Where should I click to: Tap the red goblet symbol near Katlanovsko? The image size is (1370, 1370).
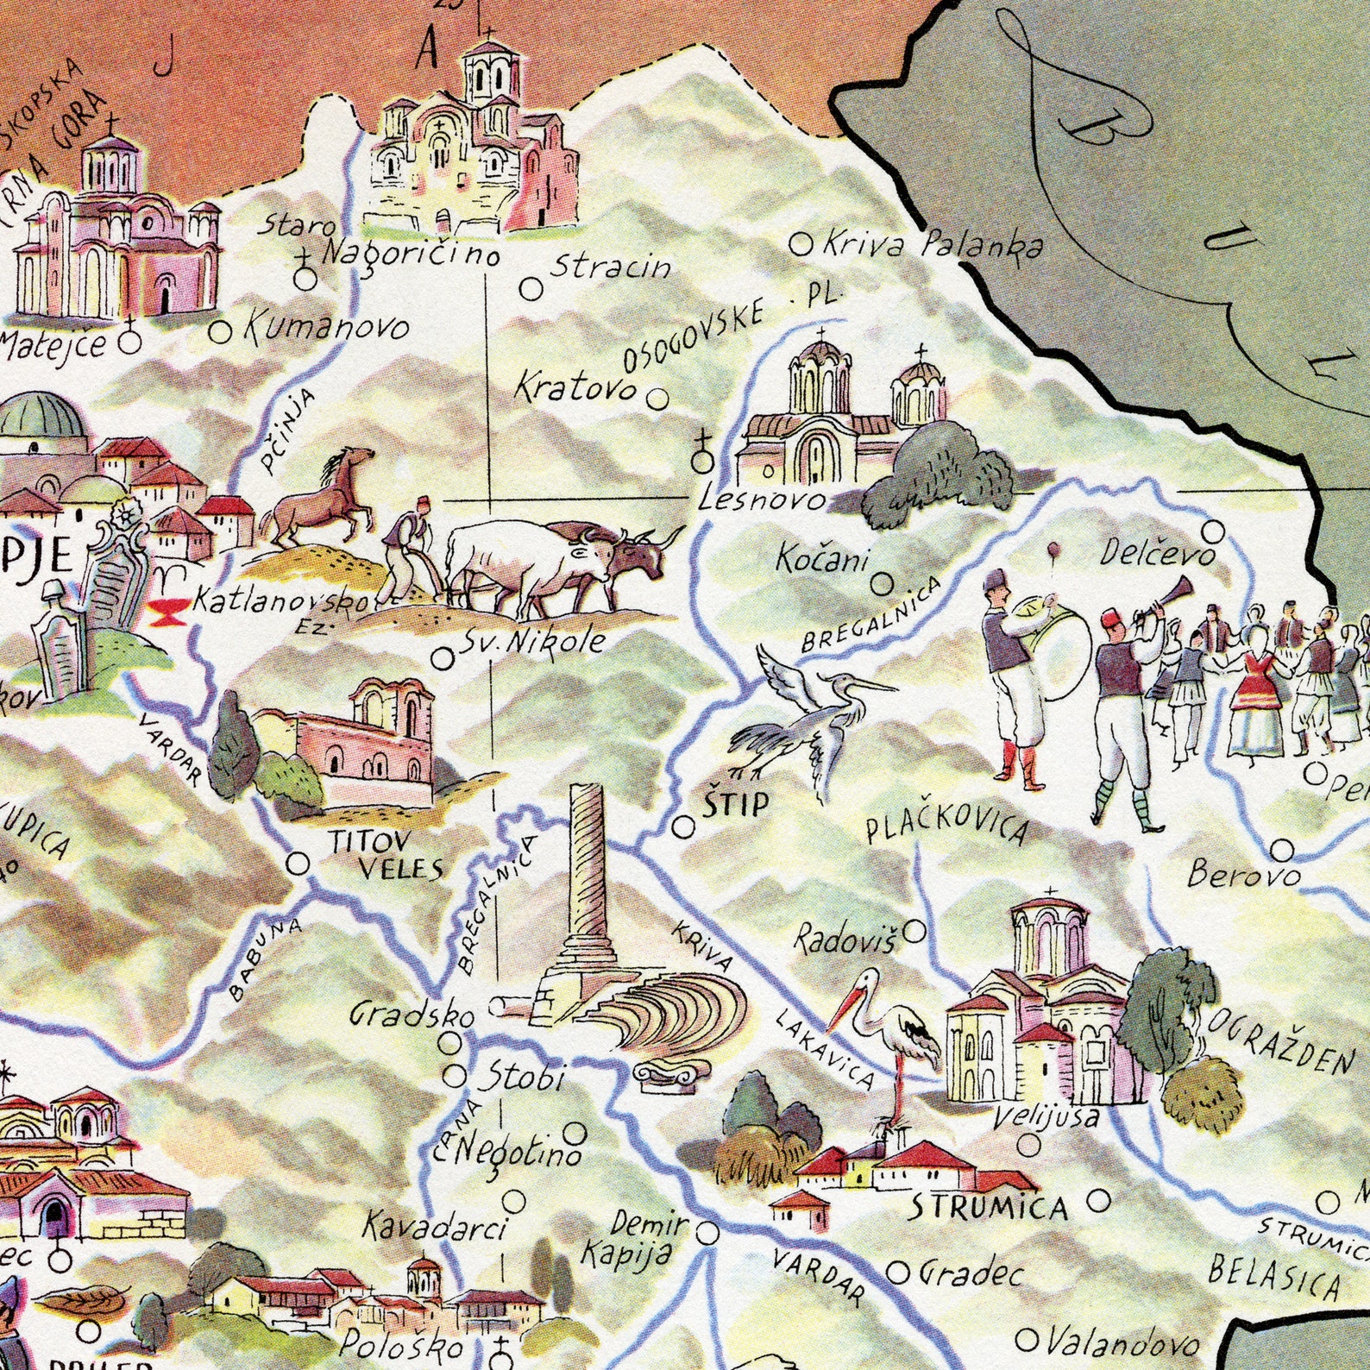[162, 613]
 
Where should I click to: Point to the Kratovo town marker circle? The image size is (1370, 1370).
[657, 399]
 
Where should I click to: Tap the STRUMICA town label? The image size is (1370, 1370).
[990, 1205]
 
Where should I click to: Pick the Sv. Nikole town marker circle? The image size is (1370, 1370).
[442, 659]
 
